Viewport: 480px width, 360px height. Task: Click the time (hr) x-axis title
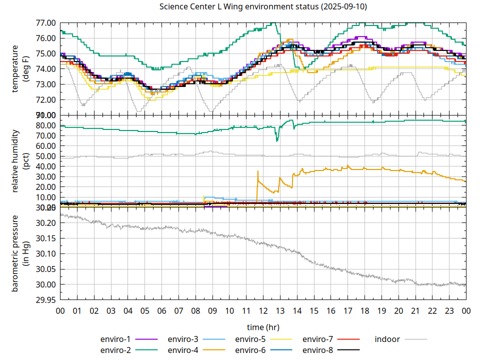(x=263, y=327)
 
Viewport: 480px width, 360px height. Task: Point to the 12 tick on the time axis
(x=263, y=310)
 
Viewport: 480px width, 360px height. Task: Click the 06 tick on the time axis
(x=161, y=310)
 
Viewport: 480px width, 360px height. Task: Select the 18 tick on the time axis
(x=364, y=310)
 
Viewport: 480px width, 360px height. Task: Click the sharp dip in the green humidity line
(x=277, y=140)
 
